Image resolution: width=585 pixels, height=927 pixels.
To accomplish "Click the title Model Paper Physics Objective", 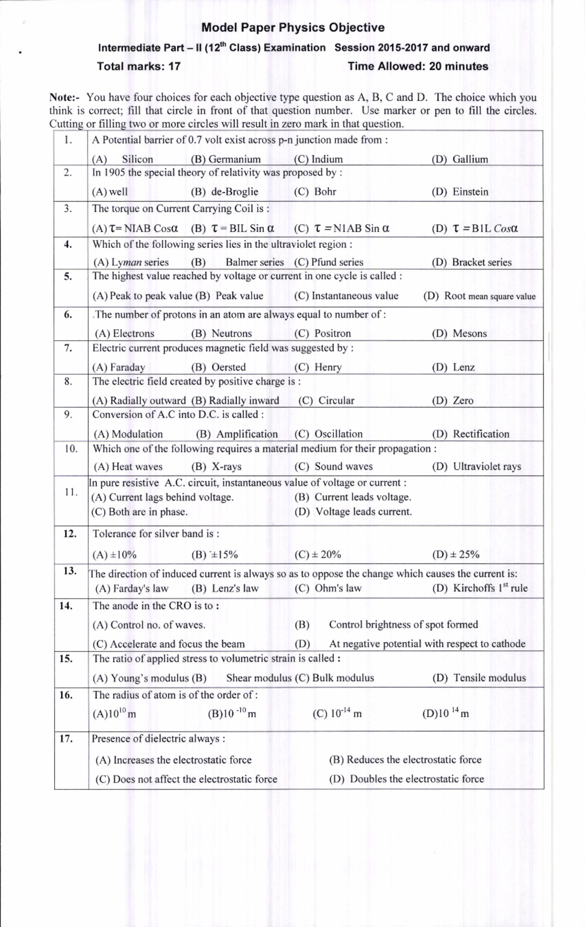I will (x=292, y=28).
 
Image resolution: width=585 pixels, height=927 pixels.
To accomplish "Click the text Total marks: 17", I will (x=138, y=66).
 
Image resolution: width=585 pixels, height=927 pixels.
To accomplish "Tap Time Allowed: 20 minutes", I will (x=418, y=66).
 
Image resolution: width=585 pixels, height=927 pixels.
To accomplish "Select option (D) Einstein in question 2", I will (x=460, y=192).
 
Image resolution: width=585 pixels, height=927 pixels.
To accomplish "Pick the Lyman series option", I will (x=131, y=262).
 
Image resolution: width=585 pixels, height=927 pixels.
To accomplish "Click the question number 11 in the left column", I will (x=71, y=492).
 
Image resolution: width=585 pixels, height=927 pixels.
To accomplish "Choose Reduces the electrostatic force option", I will (x=405, y=760).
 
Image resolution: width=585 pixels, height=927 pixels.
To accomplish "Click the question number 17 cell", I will (x=67, y=739).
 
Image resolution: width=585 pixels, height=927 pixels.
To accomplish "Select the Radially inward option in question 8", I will (x=235, y=401).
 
